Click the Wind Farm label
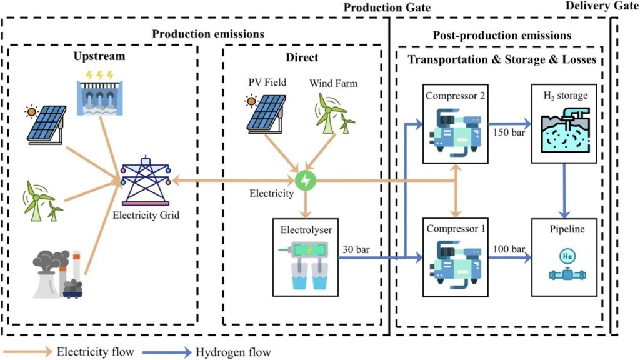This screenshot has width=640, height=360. (x=333, y=82)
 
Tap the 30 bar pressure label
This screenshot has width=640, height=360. (x=356, y=249)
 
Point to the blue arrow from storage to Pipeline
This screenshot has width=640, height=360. (x=564, y=187)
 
